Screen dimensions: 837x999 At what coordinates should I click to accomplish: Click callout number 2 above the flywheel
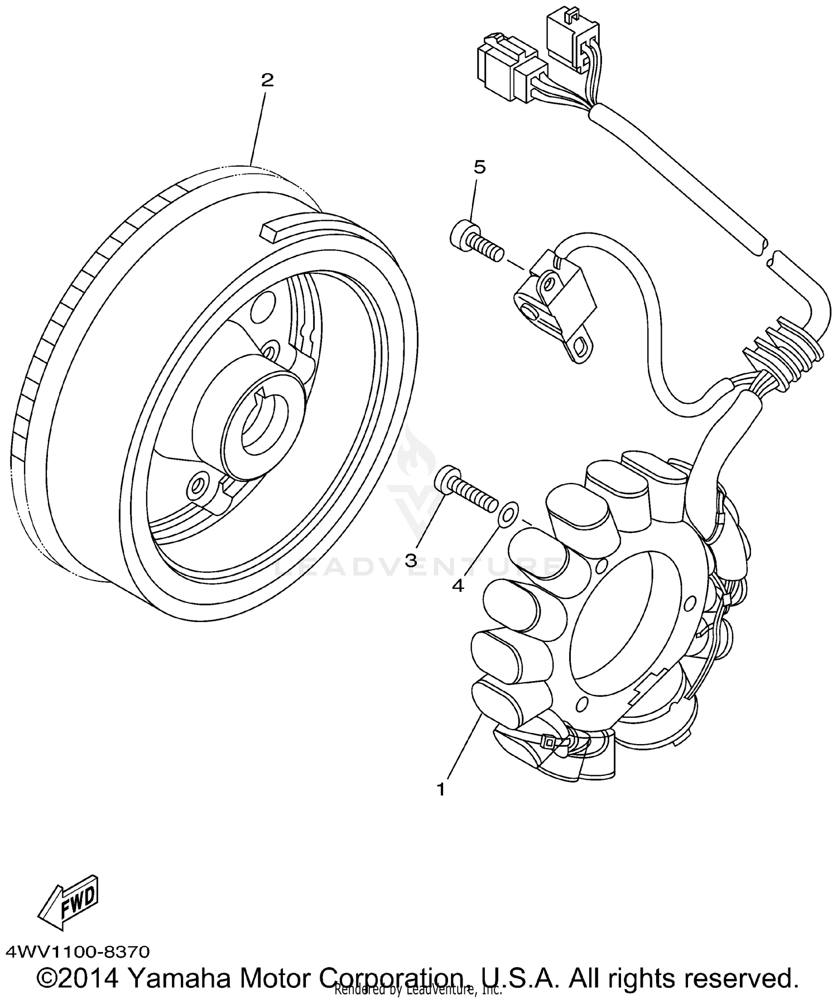pos(267,81)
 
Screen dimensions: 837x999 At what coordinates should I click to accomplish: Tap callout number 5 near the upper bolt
pos(479,167)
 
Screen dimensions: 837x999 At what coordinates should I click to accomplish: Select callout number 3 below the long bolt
pos(411,561)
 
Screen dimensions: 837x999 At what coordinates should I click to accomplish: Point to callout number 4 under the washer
pos(458,586)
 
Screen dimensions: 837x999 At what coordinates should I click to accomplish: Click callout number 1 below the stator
pos(441,790)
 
